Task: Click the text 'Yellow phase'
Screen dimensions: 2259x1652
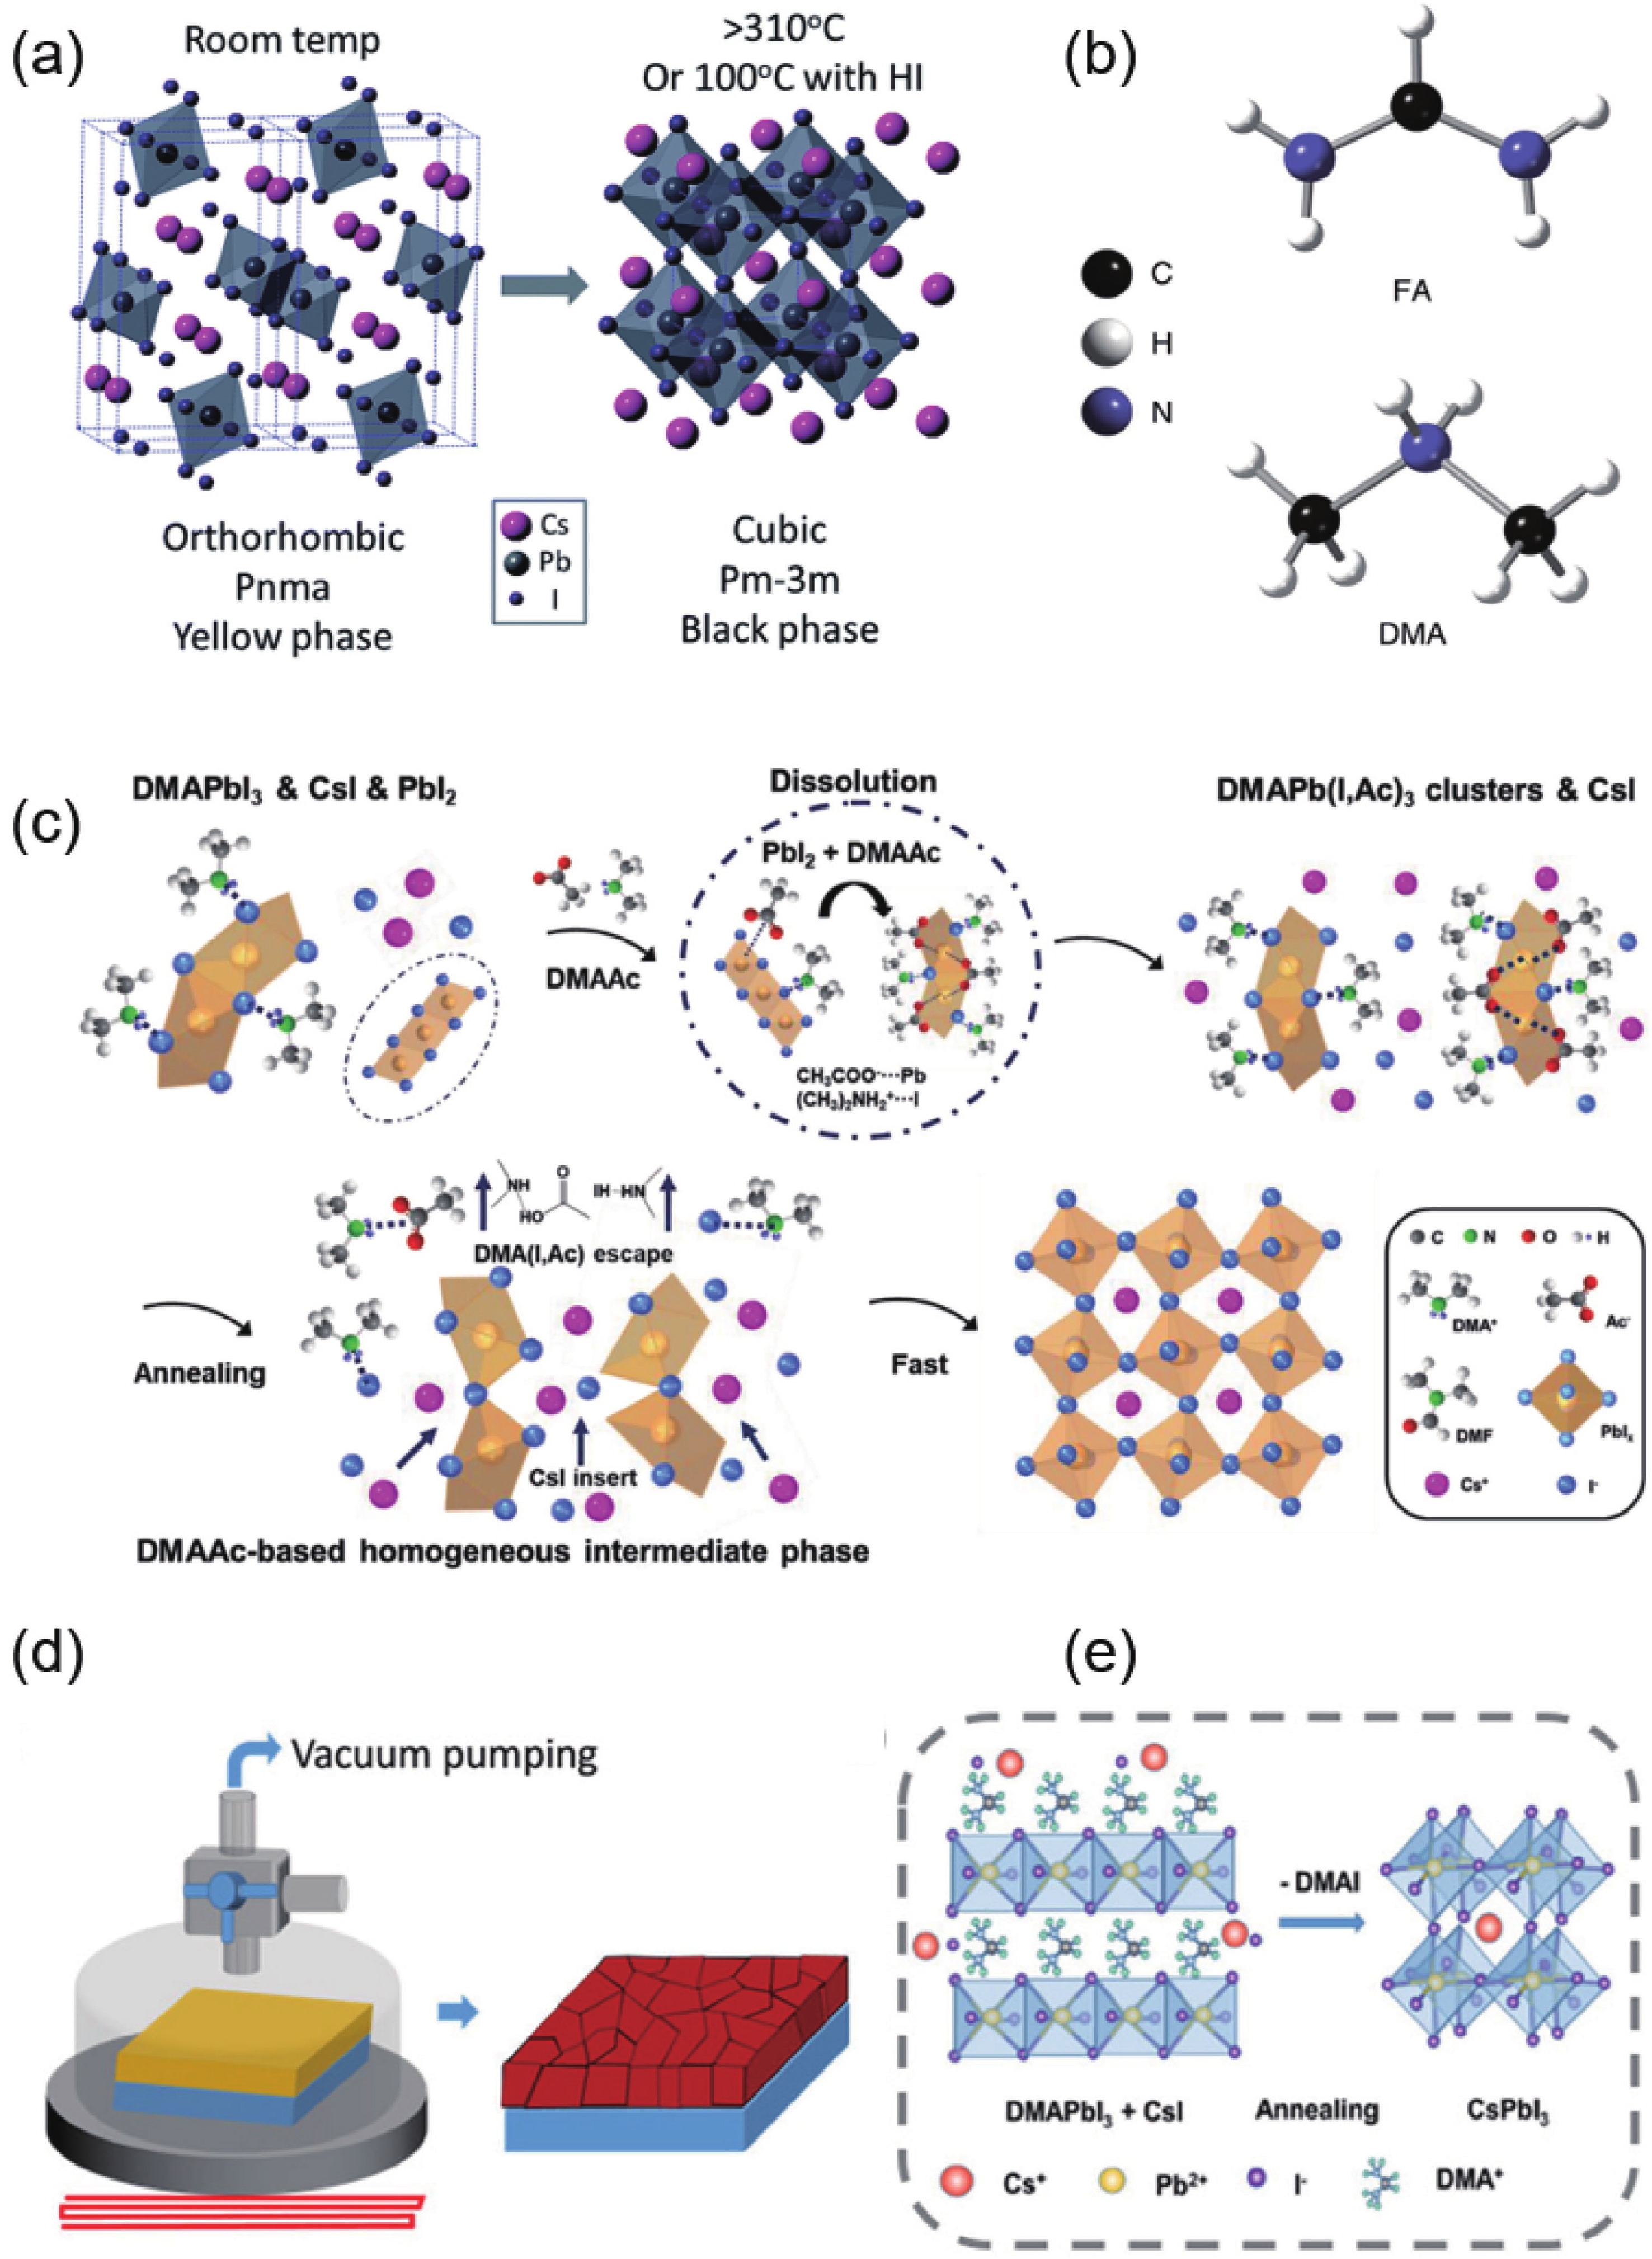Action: [283, 636]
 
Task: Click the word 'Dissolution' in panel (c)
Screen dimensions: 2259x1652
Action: [853, 781]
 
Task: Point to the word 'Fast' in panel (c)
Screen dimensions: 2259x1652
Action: [919, 1364]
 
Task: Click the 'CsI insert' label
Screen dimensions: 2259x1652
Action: [584, 1477]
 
